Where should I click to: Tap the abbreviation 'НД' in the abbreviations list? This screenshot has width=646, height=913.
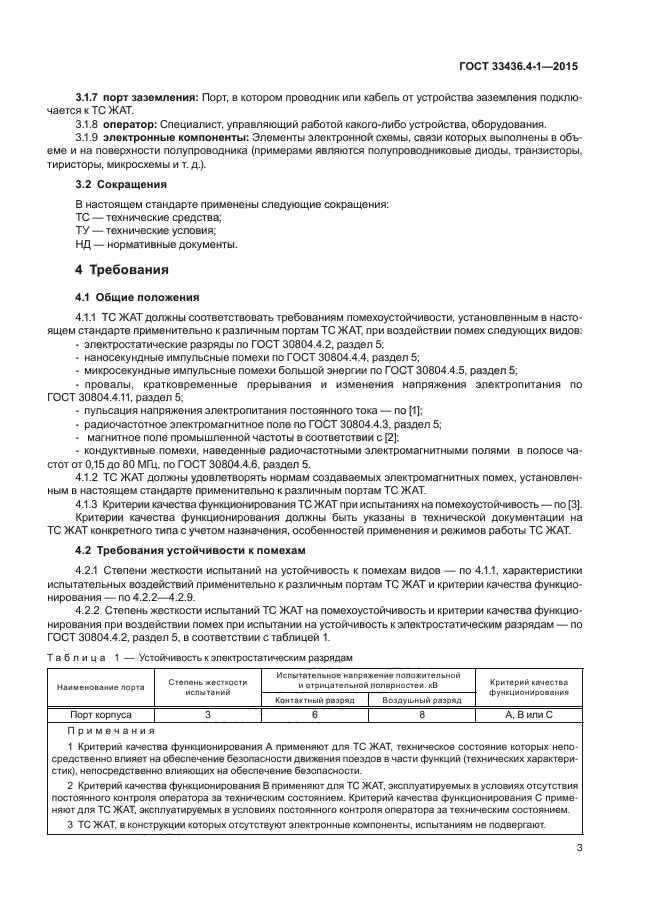point(85,244)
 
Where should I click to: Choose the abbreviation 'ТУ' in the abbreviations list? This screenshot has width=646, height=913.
point(84,230)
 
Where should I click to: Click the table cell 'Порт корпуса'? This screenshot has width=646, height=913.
point(100,715)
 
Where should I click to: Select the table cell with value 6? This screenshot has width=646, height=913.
point(314,715)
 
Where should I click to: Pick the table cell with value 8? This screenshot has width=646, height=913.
point(422,715)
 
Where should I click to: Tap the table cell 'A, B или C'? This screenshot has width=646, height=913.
point(529,715)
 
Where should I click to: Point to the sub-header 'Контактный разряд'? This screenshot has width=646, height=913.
point(314,701)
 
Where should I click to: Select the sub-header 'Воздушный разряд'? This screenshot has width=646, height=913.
point(422,701)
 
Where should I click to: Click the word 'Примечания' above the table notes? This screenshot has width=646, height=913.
point(111,732)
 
